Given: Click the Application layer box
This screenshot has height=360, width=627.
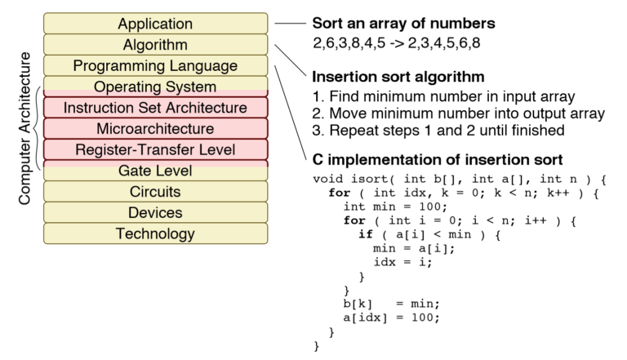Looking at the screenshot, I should click(155, 24).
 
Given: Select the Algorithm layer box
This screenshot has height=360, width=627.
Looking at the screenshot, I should click(155, 45).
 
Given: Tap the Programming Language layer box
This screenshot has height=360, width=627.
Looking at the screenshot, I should click(155, 65).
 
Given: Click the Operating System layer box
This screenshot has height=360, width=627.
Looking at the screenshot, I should click(155, 87).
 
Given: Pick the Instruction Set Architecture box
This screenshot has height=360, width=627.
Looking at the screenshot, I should click(155, 108).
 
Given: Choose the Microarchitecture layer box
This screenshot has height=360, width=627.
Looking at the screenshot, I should click(155, 129).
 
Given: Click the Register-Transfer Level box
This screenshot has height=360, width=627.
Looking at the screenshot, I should click(155, 150).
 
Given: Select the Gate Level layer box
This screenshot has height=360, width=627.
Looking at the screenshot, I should click(155, 171).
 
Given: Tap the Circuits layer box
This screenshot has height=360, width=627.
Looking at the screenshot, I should click(155, 192).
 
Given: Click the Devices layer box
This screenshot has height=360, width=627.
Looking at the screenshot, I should click(155, 213).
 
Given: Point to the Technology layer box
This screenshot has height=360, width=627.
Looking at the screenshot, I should click(155, 234).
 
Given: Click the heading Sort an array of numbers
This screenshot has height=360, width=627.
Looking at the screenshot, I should click(404, 24).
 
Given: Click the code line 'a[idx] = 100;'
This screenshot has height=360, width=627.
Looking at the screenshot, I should click(391, 318).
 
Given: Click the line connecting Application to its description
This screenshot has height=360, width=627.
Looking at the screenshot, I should click(290, 24).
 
